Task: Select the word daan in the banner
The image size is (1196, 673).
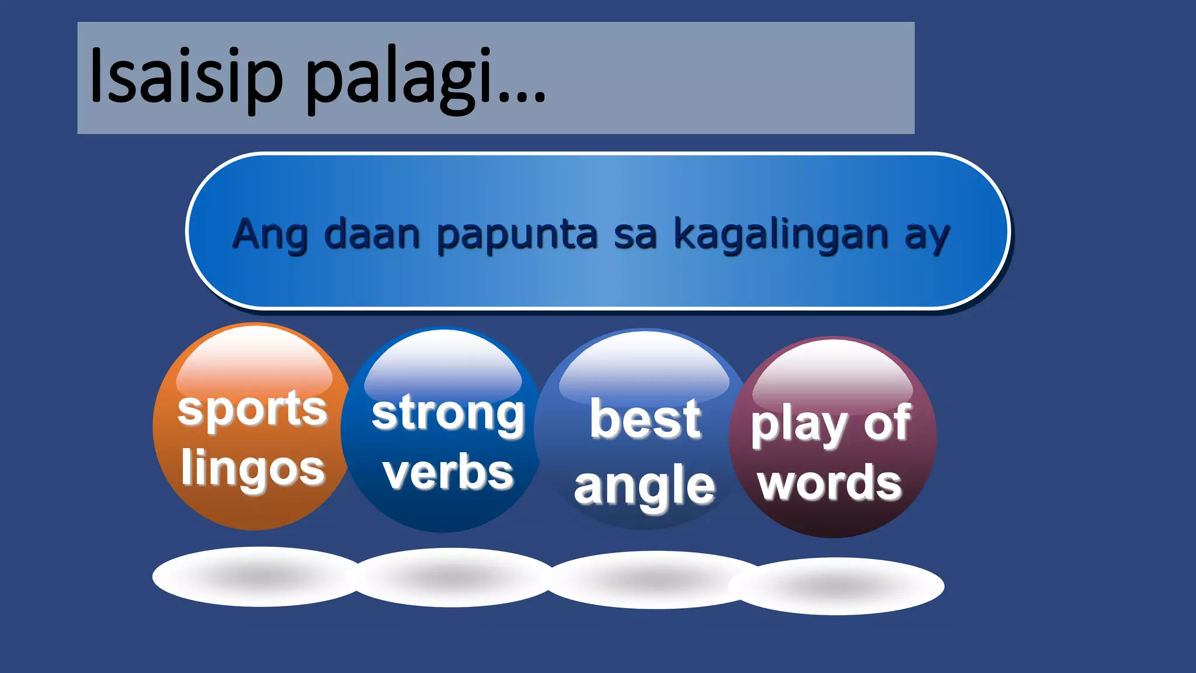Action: click(x=372, y=234)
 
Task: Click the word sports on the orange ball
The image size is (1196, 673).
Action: click(x=252, y=410)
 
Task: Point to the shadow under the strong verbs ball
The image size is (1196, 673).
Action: click(x=453, y=578)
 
